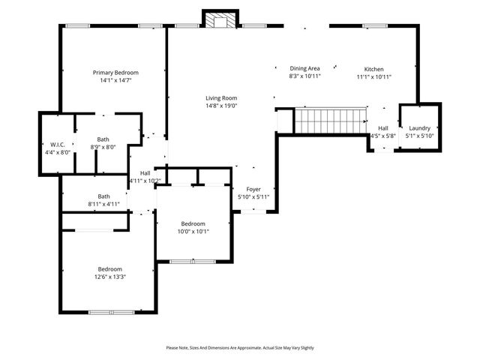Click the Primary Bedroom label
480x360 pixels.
pos(115,73)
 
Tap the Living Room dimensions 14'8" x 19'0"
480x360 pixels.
pos(221,106)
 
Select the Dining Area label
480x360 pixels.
pos(305,68)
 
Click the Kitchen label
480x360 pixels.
pos(373,68)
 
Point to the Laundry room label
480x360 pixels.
pos(419,128)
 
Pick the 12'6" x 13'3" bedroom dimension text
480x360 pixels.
pos(109,277)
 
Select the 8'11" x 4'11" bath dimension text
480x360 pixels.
pos(103,203)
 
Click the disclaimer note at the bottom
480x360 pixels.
pos(240,347)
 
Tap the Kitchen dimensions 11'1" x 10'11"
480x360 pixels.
pos(373,76)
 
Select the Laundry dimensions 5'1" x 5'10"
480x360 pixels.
pos(419,136)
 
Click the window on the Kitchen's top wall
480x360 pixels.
pos(373,26)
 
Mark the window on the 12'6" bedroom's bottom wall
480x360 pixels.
pos(112,311)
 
